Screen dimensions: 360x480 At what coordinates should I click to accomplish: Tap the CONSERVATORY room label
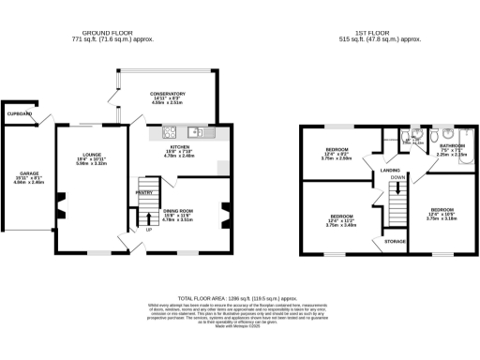[167, 94]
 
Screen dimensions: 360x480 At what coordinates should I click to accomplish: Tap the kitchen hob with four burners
[171, 132]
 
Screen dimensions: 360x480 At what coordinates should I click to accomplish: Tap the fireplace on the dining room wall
[222, 214]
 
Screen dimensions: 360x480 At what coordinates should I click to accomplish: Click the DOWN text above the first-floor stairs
[397, 177]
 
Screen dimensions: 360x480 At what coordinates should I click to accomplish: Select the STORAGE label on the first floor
[395, 241]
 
